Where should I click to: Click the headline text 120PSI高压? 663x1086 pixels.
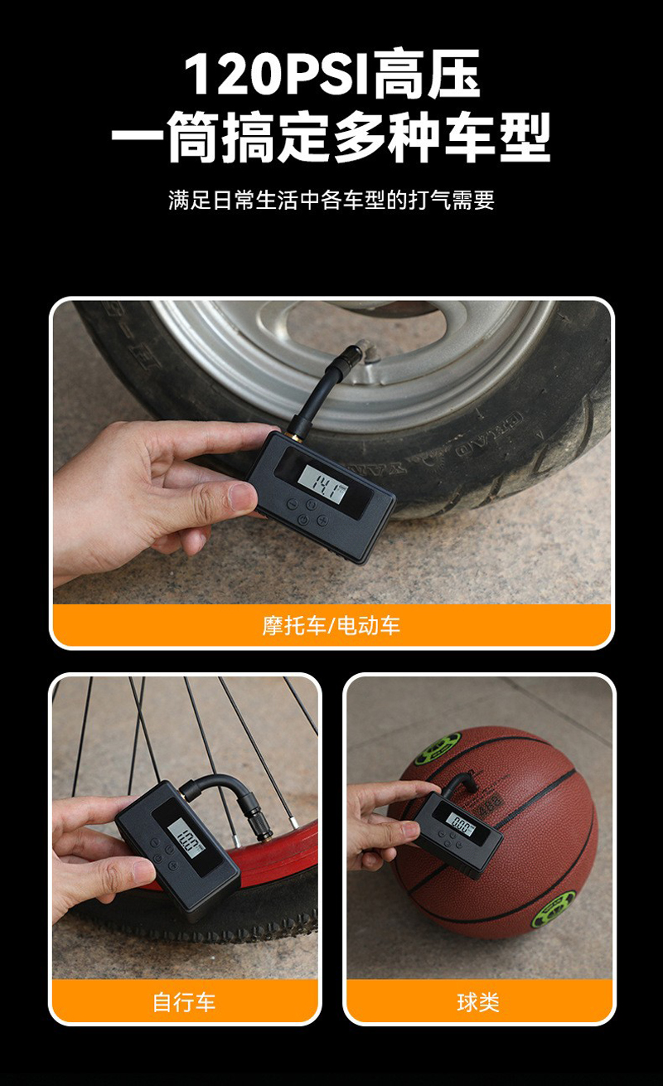pyautogui.click(x=331, y=75)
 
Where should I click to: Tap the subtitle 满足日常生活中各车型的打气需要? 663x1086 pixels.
pyautogui.click(x=331, y=200)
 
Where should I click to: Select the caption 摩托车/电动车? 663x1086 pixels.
pyautogui.click(x=331, y=625)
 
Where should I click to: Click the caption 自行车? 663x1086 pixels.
pyautogui.click(x=184, y=1001)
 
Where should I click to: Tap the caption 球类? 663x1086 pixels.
pyautogui.click(x=478, y=1001)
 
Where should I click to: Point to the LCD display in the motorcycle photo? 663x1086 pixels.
pyautogui.click(x=322, y=479)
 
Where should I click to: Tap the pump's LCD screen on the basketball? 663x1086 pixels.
pyautogui.click(x=461, y=824)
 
